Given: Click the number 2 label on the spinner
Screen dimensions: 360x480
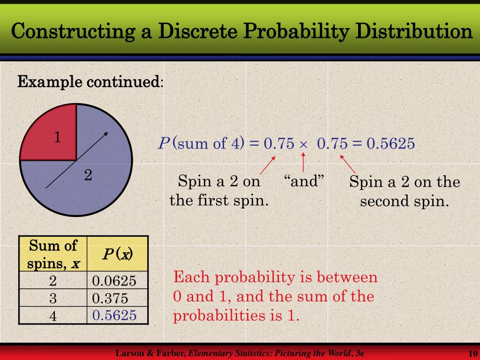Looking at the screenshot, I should coord(88,176).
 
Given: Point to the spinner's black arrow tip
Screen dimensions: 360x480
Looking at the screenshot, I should coord(107,134).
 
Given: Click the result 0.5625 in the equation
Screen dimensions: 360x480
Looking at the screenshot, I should coord(390,143).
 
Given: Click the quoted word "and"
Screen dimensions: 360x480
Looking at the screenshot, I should coord(304,181).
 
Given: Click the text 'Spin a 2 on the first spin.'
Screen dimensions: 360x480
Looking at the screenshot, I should coord(219,191).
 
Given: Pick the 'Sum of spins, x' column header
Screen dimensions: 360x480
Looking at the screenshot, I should coord(53,254).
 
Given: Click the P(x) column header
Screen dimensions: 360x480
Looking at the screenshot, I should coord(118,254).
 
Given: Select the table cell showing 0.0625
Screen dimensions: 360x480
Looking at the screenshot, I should coord(114,281).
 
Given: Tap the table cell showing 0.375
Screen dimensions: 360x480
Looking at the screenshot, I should coord(111,299).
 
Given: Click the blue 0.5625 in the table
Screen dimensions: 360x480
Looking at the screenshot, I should coord(114,315).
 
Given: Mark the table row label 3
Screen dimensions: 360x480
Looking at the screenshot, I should coord(53,299).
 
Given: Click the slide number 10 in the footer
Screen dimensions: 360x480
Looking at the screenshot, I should coord(472,353).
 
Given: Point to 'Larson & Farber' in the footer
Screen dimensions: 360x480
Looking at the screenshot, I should coord(151,353).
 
